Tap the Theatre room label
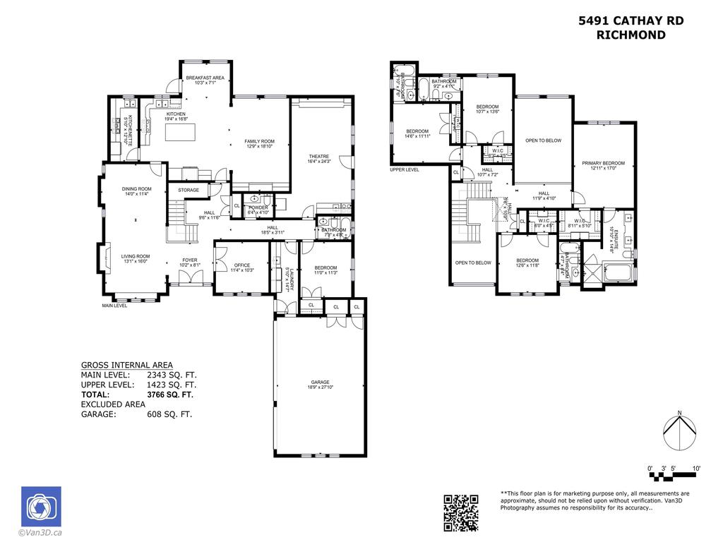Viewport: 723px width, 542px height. [x=319, y=156]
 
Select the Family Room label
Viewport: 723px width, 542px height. [x=259, y=141]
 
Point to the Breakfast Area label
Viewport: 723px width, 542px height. [x=205, y=78]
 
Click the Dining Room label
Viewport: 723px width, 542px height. [x=136, y=189]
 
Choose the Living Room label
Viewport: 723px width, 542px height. [x=135, y=256]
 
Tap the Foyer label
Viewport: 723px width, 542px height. [x=190, y=260]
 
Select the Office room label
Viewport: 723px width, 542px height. [x=241, y=265]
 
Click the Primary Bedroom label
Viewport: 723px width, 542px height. [x=603, y=163]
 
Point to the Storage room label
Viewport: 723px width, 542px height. [x=189, y=190]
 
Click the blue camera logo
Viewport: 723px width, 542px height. [x=41, y=506]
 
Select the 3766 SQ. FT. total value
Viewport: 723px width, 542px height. [x=170, y=395]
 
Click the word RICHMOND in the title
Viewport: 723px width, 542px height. [x=631, y=35]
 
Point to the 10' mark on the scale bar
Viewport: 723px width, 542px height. [x=696, y=469]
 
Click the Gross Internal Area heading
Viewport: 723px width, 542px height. [x=126, y=365]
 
